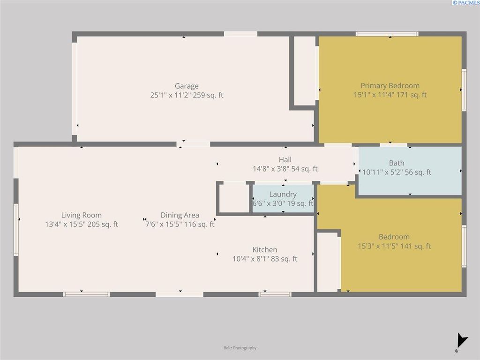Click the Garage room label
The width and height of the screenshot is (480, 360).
point(187,86)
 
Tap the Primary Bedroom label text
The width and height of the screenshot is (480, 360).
point(390,85)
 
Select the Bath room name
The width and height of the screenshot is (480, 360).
point(397,163)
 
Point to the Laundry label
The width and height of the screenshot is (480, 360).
point(283,194)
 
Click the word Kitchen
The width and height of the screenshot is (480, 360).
point(265,250)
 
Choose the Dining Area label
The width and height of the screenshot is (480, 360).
point(180,215)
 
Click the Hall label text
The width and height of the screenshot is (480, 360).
point(285,160)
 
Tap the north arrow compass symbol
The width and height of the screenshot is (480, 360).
point(462,340)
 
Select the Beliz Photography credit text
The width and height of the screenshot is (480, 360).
point(240,348)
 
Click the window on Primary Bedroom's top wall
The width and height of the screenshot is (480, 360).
point(387,34)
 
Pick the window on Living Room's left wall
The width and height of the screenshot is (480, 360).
point(16,230)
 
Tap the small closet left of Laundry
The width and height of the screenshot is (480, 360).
point(234,198)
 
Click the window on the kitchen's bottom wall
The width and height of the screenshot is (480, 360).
point(275,294)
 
